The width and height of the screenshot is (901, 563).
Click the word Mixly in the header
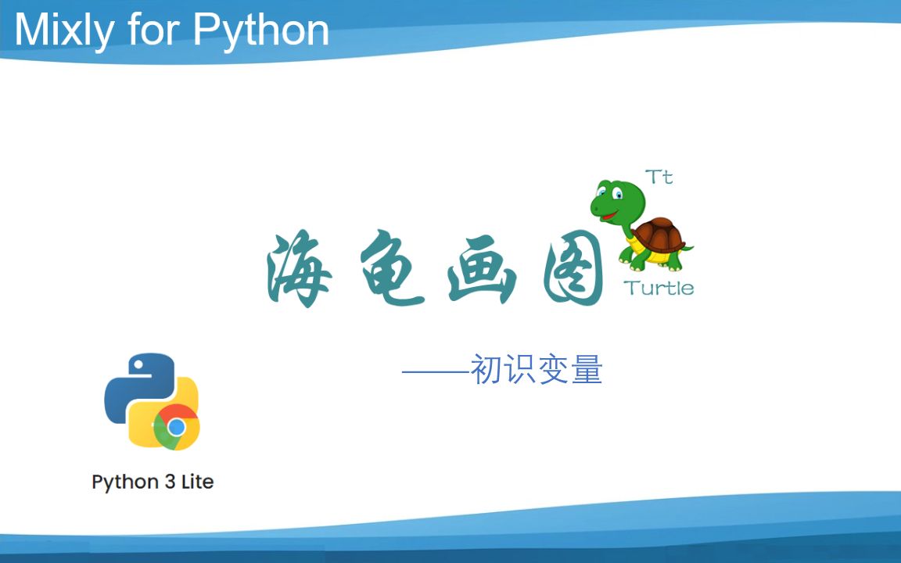point(64,30)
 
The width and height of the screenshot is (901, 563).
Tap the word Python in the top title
point(261,30)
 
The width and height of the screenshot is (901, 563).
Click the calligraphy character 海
point(299,269)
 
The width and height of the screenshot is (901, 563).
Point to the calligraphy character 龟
point(392,267)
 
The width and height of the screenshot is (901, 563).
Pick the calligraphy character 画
point(482,269)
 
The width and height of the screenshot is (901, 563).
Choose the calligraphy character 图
point(573,268)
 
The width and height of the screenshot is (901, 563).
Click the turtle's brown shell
point(659,235)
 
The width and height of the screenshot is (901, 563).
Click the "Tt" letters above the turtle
point(659,177)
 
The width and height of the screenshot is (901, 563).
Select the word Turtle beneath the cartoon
point(659,287)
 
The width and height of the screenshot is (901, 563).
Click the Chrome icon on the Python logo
point(177,427)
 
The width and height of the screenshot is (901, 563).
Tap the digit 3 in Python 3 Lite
point(170,481)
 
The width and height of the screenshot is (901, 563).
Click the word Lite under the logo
point(198,481)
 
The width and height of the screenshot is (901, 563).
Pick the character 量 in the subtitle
point(587,369)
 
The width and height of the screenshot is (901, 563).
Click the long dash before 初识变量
point(436,371)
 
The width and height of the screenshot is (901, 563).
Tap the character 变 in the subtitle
point(554,369)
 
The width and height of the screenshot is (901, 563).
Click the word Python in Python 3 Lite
point(125,482)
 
